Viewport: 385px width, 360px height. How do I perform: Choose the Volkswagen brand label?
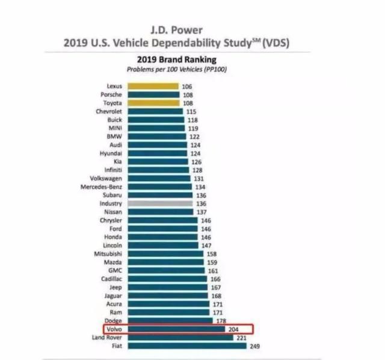point(106,178)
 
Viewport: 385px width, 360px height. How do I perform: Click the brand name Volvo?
point(114,329)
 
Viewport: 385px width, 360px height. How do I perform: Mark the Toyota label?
point(113,103)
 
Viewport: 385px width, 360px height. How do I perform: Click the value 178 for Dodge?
point(219,321)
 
